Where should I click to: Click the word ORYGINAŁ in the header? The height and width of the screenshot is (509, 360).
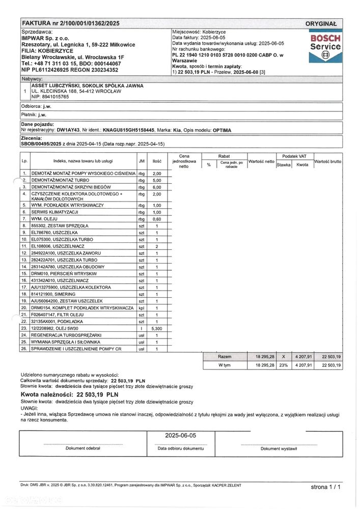tap(321, 24)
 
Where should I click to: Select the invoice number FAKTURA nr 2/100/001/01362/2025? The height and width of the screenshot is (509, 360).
tap(71, 23)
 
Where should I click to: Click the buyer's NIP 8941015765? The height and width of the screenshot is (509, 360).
tap(50, 96)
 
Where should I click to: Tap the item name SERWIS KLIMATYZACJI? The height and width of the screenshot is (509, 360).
tap(54, 211)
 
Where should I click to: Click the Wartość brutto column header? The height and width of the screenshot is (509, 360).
tap(327, 161)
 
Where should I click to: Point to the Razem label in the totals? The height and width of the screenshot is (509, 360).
tap(225, 357)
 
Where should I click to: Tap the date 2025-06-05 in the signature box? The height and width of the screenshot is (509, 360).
tap(181, 436)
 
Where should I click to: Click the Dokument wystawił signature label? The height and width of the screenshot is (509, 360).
tap(278, 448)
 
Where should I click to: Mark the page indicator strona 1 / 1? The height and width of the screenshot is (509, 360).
tap(326, 487)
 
